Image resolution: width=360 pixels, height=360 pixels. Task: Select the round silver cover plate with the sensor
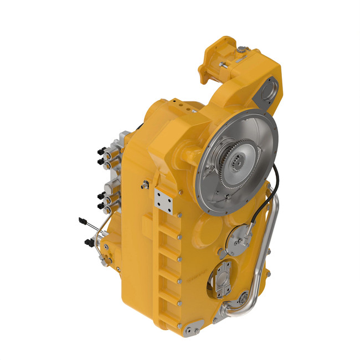pos(241,236)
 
